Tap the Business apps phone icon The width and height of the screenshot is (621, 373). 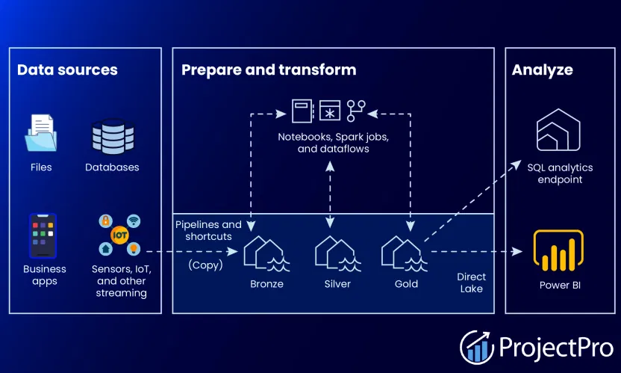43,235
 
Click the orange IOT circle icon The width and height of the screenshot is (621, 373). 119,235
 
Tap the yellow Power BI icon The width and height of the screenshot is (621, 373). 558,252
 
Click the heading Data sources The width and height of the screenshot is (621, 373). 67,70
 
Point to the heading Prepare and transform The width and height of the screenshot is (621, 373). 269,70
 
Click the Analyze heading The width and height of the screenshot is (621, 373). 542,70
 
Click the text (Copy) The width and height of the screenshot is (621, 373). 203,265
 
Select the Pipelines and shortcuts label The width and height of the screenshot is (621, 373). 208,230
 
